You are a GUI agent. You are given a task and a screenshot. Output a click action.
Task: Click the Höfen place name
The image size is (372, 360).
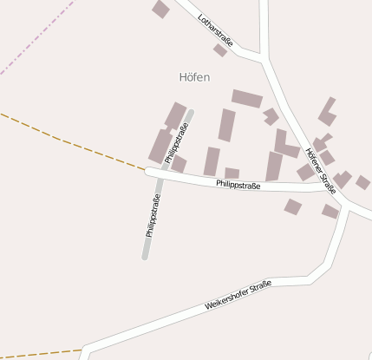tap(194, 77)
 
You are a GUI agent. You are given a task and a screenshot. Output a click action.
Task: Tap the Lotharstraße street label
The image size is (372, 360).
tap(215, 29)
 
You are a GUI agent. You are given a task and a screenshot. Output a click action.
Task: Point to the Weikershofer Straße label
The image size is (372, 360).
tap(238, 296)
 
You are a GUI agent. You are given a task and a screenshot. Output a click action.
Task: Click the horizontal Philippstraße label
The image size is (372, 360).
tap(238, 184)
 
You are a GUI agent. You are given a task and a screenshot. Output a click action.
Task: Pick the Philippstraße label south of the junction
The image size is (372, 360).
tap(153, 217)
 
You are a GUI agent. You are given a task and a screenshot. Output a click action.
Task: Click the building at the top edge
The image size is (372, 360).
tap(160, 9)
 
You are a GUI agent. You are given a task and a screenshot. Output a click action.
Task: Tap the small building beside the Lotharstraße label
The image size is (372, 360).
tap(220, 50)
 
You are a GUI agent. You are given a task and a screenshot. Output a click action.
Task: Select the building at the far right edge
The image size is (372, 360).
tap(362, 182)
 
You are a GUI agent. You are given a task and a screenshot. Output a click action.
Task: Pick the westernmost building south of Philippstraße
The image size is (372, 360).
tap(293, 206)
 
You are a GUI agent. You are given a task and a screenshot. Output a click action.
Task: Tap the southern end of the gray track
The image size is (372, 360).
tap(146, 256)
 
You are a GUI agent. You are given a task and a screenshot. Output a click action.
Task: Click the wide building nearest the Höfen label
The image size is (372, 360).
tap(246, 98)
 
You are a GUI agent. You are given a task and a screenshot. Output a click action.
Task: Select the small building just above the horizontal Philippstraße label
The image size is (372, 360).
tap(232, 173)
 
